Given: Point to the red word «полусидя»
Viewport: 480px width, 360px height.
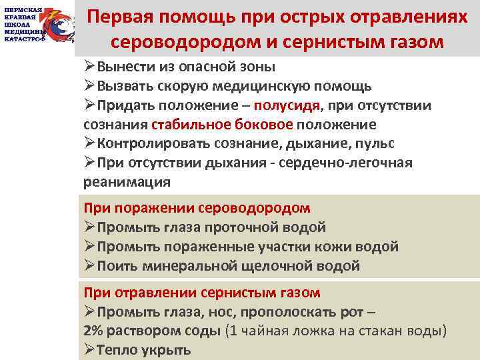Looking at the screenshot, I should [x=291, y=105].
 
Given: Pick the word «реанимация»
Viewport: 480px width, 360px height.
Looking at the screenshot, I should [x=127, y=182].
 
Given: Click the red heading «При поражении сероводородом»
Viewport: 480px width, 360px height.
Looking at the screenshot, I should [x=197, y=208].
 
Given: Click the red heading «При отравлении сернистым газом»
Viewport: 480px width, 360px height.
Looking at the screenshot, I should [x=202, y=293].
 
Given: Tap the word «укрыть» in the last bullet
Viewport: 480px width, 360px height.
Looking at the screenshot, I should [x=167, y=350].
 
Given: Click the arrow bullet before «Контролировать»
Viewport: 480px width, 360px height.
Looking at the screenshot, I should [x=90, y=144].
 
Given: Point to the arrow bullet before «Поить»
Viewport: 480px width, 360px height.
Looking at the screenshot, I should [x=90, y=266].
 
